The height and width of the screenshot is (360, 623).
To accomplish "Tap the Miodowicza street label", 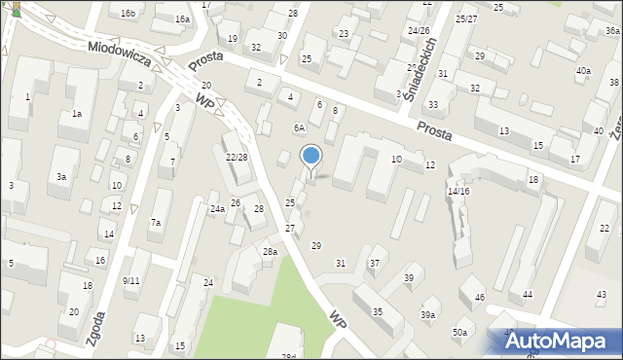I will point(119,54).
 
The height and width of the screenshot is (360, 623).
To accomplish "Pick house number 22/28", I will point(236,158).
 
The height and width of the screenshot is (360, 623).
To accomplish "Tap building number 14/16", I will point(458,192).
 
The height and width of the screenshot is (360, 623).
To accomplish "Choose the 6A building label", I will point(299,127).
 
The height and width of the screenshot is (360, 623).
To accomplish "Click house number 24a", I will point(218,209).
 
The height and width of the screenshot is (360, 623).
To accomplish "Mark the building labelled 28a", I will point(270,252).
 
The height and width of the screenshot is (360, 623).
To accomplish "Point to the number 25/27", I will point(465,18).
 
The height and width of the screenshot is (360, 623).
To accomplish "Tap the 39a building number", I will point(427,314).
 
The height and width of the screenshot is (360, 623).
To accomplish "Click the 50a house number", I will point(458,333).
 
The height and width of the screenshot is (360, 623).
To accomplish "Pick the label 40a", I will point(582,71).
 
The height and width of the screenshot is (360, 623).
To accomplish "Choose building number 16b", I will point(128,13).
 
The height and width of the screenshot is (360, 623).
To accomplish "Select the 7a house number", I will point(155,223).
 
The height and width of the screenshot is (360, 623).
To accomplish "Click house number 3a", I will point(60,177).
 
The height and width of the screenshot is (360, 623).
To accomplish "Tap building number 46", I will point(479,296).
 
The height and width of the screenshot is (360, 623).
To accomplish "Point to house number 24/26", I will point(419,31).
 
